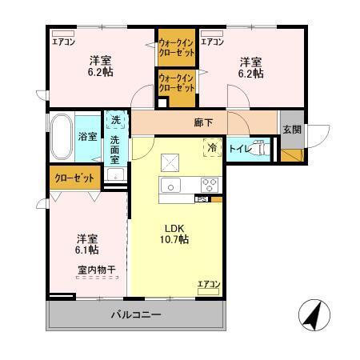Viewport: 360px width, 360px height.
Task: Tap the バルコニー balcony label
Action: (135, 314)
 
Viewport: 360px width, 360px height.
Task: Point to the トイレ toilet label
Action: (240, 149)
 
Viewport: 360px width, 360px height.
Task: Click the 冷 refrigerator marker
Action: (211, 148)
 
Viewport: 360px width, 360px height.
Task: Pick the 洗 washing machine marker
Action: (117, 121)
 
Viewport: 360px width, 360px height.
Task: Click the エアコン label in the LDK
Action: (209, 283)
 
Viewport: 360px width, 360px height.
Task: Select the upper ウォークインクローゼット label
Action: (176, 47)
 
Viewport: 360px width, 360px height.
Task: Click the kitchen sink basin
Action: (173, 185)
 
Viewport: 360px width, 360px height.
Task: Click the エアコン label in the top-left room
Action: (63, 41)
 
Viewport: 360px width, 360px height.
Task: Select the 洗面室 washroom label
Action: (117, 150)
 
